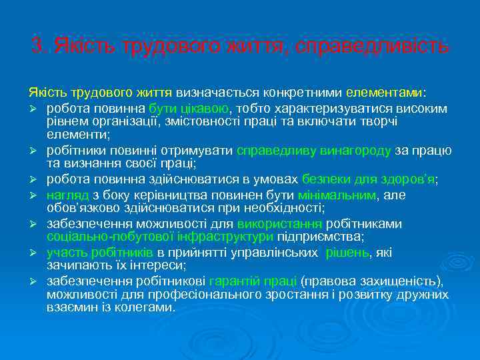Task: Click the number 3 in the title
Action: [36, 47]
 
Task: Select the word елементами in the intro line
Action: [393, 91]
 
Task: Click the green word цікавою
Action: [202, 108]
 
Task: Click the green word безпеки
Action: [323, 179]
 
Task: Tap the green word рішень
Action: [349, 252]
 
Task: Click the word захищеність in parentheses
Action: [393, 281]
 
